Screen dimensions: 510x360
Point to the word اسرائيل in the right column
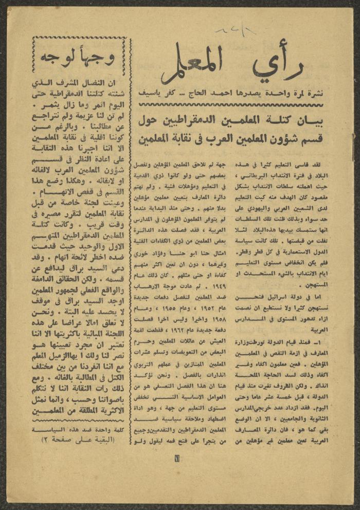coord(286,298)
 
